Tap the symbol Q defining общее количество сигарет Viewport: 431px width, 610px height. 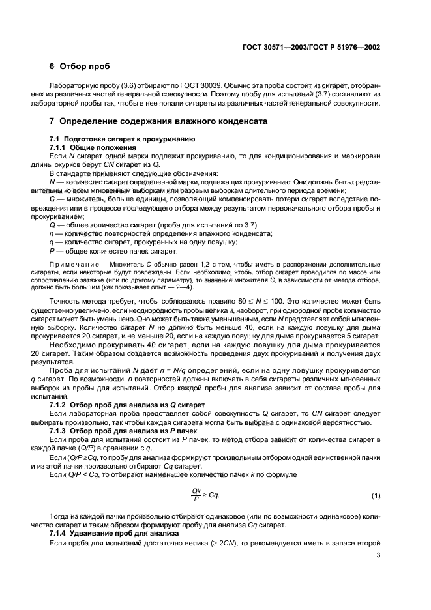(52, 242)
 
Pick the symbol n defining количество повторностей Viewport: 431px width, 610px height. (52, 251)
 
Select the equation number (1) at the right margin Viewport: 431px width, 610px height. (376, 496)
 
